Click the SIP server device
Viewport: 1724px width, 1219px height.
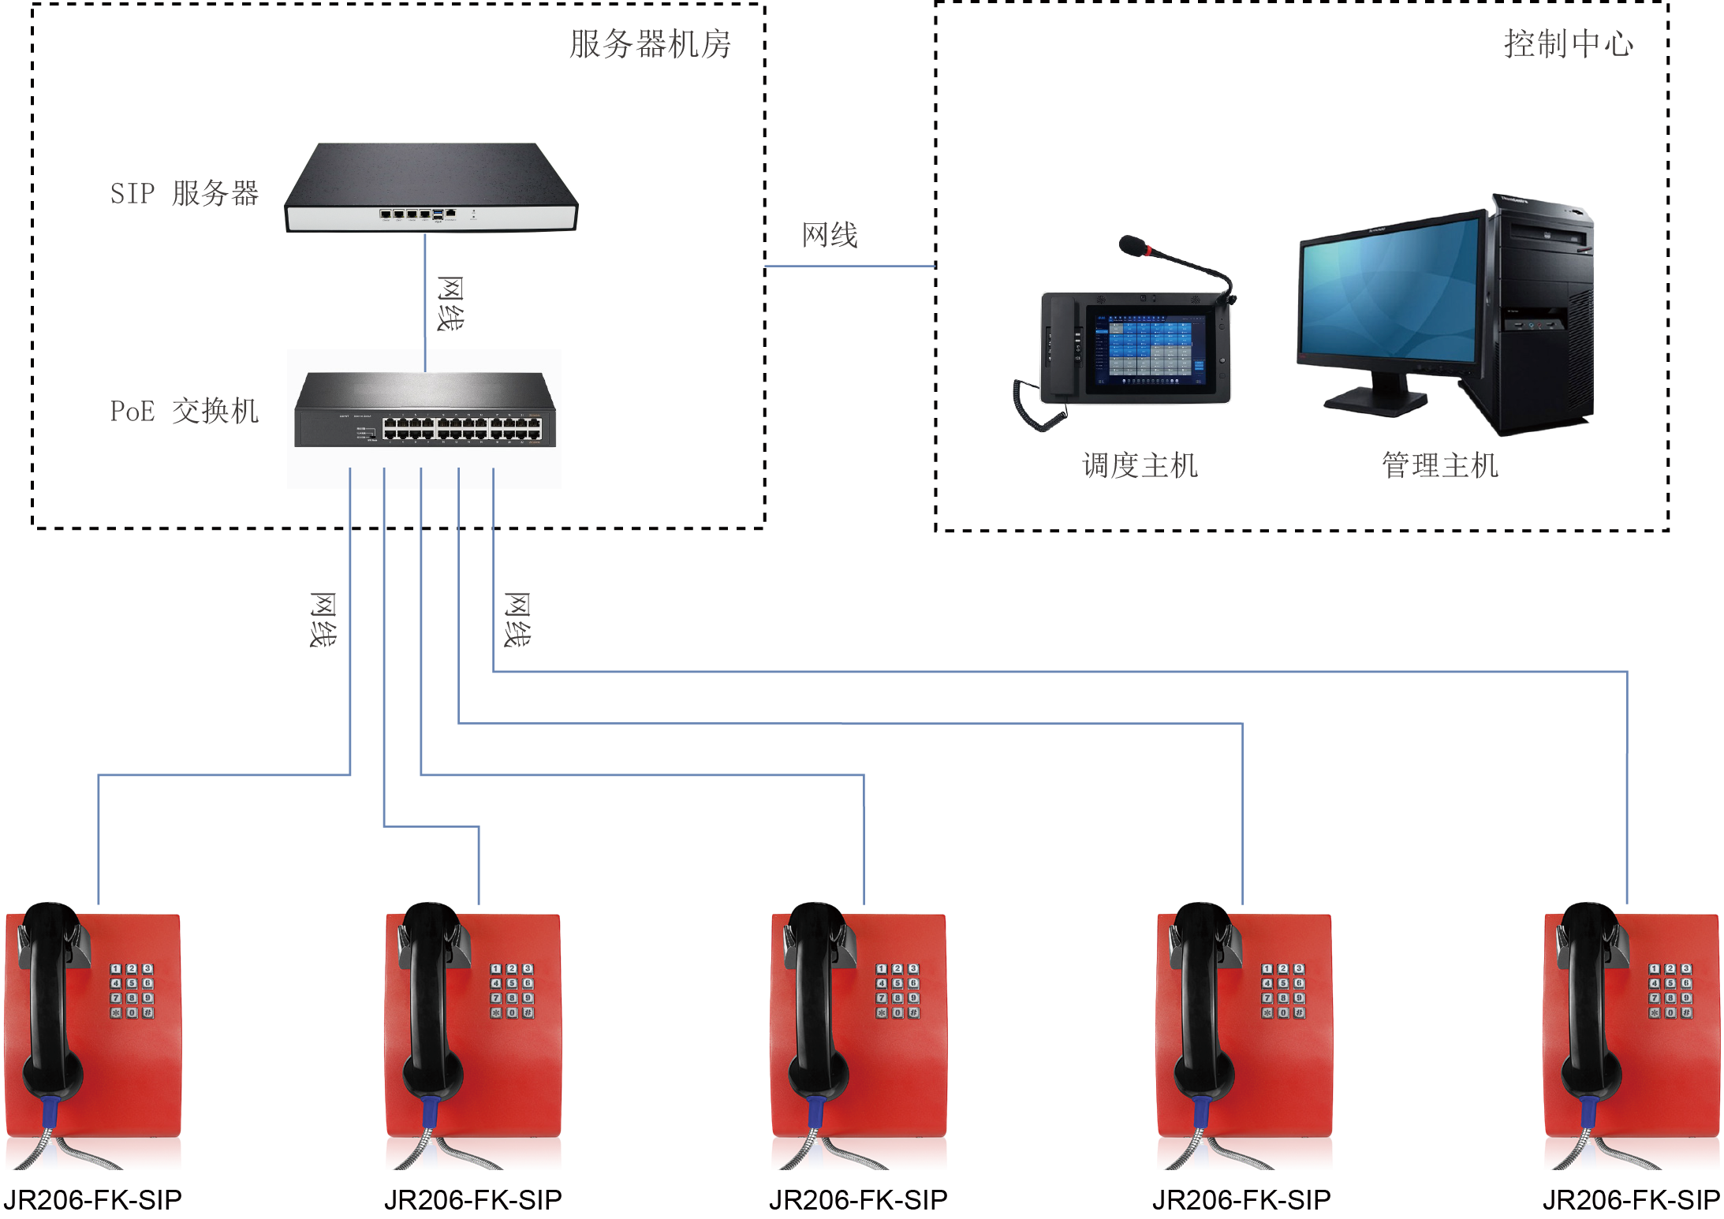[431, 189]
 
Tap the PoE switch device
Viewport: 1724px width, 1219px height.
[425, 412]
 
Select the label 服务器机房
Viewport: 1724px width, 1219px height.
[650, 44]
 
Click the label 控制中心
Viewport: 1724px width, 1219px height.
[1568, 43]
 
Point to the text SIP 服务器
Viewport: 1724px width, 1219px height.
[184, 193]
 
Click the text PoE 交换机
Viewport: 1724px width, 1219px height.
[184, 411]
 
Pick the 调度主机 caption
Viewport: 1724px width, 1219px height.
[1140, 465]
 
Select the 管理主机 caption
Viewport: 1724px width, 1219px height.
[1439, 465]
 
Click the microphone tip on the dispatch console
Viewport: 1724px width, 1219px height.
[1133, 245]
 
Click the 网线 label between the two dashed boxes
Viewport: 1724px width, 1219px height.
[830, 235]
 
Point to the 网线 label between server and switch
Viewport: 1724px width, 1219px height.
[450, 304]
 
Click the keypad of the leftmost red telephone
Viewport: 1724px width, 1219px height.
[132, 990]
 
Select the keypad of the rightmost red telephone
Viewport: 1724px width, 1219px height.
[1670, 990]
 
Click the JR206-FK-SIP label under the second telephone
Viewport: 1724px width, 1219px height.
[472, 1199]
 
